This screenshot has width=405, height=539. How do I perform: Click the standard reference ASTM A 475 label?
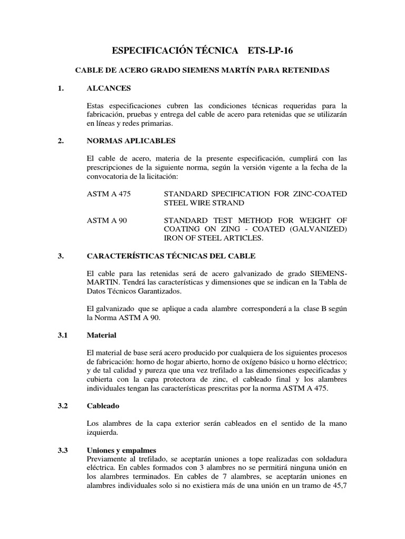click(108, 194)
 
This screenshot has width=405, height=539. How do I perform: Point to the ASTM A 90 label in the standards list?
click(106, 219)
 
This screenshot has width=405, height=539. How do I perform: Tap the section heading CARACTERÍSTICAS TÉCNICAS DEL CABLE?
click(171, 256)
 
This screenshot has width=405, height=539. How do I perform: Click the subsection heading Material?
click(101, 335)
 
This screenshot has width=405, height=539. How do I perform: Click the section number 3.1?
click(63, 335)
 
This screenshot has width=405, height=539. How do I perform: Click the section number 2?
click(61, 141)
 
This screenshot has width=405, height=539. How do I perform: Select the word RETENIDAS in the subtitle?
click(306, 70)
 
